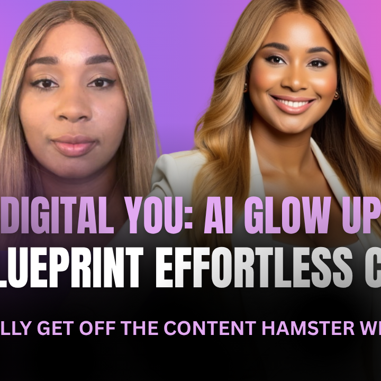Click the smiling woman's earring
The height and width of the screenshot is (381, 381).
coord(335,96)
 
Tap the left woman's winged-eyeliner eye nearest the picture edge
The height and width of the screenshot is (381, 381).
coord(47,84)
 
